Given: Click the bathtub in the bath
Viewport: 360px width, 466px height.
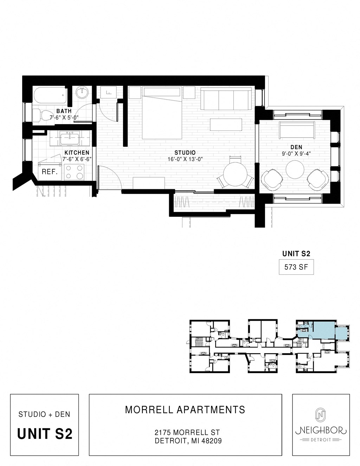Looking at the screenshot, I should click(x=50, y=95).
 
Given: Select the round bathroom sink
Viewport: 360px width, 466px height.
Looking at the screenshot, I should click(x=83, y=93).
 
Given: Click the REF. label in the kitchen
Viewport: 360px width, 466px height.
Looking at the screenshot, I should click(x=50, y=172).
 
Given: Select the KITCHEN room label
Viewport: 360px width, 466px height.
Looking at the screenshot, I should click(x=77, y=153).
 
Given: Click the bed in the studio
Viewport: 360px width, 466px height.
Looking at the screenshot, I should click(x=161, y=116).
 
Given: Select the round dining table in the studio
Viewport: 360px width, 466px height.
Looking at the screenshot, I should click(x=235, y=174).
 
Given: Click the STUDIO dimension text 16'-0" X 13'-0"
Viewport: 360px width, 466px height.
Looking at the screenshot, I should click(x=185, y=159).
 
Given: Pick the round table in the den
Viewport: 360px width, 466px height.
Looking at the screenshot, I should click(x=295, y=170).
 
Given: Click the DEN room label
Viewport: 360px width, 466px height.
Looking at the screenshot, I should click(x=296, y=147).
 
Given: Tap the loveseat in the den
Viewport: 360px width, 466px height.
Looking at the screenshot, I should click(x=297, y=130).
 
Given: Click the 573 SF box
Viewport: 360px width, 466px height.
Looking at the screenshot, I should click(x=296, y=267).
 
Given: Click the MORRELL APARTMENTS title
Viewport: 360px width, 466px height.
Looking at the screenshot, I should click(x=185, y=410).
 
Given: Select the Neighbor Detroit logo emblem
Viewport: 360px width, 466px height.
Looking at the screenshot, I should click(x=320, y=415).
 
